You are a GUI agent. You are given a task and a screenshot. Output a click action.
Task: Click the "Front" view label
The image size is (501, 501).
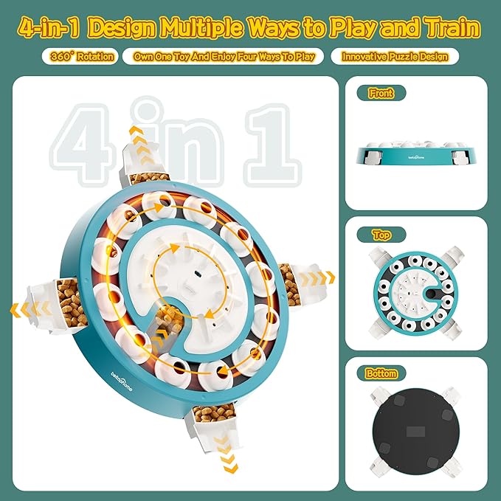pyautogui.click(x=381, y=93)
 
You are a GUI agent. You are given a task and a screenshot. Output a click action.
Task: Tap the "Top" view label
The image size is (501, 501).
pyautogui.click(x=381, y=235)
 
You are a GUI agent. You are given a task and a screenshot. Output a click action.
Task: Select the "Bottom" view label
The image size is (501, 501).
pyautogui.click(x=381, y=373)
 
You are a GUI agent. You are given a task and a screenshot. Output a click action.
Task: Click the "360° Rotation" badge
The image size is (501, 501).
pyautogui.click(x=80, y=57)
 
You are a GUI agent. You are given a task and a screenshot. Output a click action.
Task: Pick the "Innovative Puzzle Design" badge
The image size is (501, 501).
pyautogui.click(x=395, y=57)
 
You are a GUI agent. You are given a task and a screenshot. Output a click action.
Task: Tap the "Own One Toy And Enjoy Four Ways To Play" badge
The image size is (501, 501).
pyautogui.click(x=224, y=57)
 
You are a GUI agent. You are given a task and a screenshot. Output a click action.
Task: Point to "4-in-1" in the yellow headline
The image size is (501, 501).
pyautogui.click(x=49, y=28)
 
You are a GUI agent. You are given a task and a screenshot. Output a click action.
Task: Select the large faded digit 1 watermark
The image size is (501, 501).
pyautogui.click(x=272, y=145)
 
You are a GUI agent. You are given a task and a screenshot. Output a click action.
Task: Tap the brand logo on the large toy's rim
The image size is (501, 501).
pyautogui.click(x=122, y=381)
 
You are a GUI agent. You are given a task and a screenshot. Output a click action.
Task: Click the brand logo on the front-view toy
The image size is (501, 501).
pyautogui.click(x=416, y=157)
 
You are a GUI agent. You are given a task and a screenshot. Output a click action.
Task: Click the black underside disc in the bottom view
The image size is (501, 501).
pyautogui.click(x=417, y=432)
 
